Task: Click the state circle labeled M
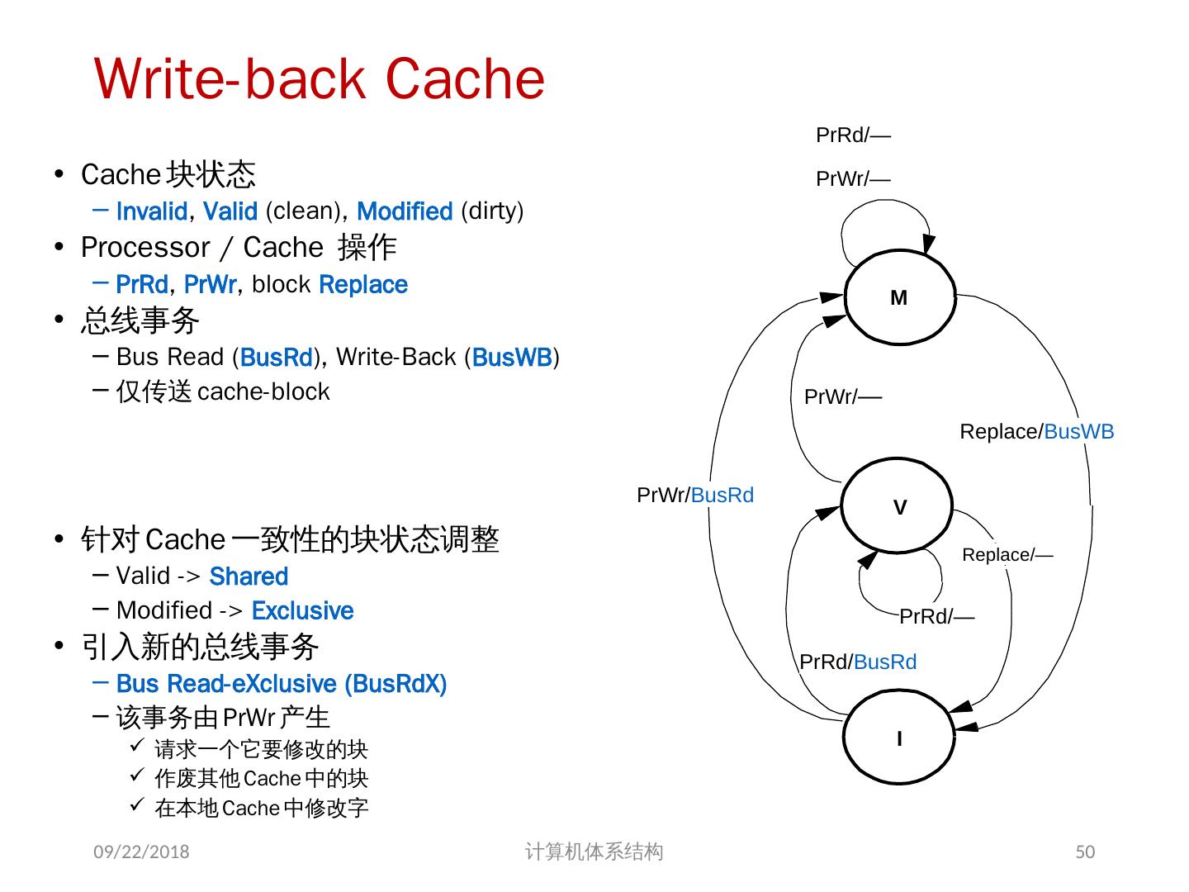tap(899, 298)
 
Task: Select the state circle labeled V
tap(898, 506)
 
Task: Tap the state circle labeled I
tap(898, 738)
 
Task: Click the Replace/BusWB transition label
tap(1036, 431)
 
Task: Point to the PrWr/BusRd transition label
tap(695, 495)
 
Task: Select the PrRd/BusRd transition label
tap(858, 662)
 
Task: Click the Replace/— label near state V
tap(1007, 554)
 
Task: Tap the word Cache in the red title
tap(465, 79)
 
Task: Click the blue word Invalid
tap(152, 211)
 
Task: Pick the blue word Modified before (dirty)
tap(405, 211)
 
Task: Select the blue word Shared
tap(249, 576)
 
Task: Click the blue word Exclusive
tap(302, 611)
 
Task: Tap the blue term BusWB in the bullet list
tap(512, 358)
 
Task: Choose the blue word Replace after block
tap(363, 285)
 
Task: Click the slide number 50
tap(1085, 852)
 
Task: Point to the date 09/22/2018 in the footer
tap(141, 852)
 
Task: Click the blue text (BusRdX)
tap(396, 684)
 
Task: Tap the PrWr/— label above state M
tap(853, 178)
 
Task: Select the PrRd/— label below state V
tap(936, 616)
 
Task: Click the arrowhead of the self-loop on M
tap(928, 244)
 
